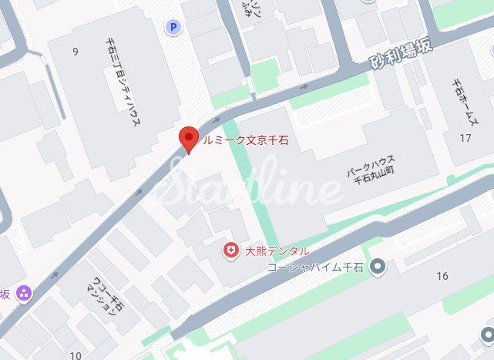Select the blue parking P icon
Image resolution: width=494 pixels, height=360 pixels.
click(x=173, y=28)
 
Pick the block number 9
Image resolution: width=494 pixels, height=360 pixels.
click(x=75, y=52)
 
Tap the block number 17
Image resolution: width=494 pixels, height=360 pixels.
click(x=464, y=138)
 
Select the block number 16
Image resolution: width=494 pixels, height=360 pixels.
click(x=442, y=275)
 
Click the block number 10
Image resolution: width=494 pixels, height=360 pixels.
click(x=75, y=355)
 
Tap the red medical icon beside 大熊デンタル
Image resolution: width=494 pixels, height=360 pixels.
click(x=230, y=251)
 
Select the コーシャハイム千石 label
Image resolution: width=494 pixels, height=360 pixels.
click(x=315, y=267)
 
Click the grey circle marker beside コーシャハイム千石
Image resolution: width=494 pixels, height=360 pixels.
click(x=377, y=267)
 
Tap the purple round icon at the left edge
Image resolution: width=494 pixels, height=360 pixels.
click(x=24, y=294)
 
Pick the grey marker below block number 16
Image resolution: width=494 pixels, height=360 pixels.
click(x=487, y=334)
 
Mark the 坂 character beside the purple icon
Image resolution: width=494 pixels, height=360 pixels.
click(x=5, y=294)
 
